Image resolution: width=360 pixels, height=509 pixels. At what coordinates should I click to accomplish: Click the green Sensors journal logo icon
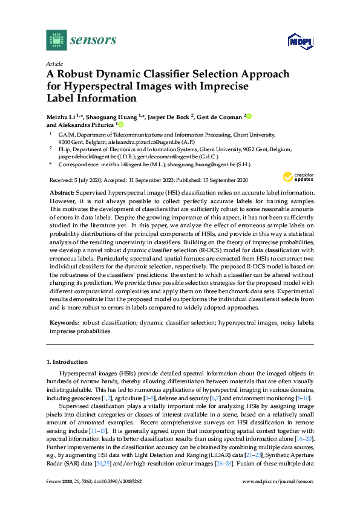pos(56,40)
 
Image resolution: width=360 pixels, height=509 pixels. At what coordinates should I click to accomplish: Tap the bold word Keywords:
pos(65,323)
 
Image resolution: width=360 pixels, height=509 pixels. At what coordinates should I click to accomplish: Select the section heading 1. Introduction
pos(67,362)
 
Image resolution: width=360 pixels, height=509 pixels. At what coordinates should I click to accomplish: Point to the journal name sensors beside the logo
pos(93,40)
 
